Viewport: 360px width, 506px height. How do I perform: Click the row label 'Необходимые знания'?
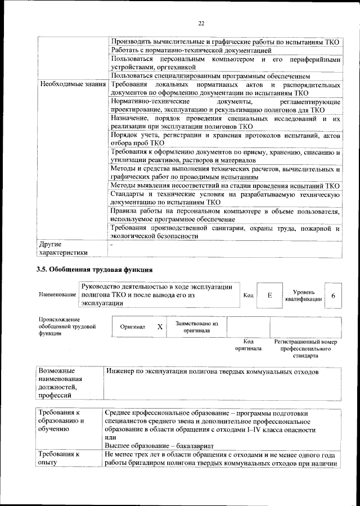(x=72, y=84)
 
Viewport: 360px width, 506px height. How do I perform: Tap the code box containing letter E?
(x=269, y=295)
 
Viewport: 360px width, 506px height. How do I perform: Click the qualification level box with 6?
(x=333, y=295)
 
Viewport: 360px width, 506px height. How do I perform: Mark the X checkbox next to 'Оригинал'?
(x=160, y=326)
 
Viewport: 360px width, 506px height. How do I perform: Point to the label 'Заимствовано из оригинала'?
(x=196, y=327)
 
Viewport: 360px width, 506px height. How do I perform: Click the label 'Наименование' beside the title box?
(x=58, y=295)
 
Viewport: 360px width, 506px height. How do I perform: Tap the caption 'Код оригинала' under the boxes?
(x=248, y=345)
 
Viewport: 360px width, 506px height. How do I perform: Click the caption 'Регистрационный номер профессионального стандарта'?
(x=305, y=348)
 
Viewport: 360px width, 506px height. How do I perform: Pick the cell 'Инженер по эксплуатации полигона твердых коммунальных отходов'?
(x=213, y=372)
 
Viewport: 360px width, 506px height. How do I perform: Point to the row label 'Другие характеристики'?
(x=62, y=248)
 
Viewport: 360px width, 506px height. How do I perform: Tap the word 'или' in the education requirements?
(x=110, y=438)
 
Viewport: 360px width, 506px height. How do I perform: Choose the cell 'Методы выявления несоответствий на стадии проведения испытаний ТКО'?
(x=225, y=185)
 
